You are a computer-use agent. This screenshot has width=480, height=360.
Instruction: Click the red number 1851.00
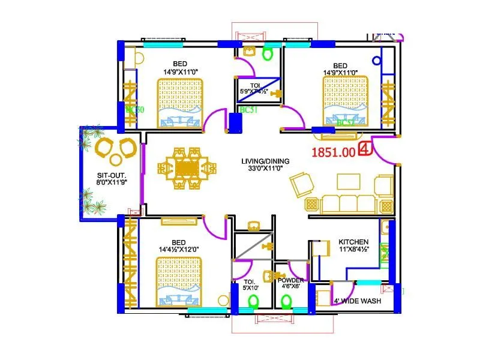333,152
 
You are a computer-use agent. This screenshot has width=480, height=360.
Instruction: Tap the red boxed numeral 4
364,149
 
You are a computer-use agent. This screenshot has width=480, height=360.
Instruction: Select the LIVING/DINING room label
265,161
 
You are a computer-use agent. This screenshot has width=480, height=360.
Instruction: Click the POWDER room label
291,280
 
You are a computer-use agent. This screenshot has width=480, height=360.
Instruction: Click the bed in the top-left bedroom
180,103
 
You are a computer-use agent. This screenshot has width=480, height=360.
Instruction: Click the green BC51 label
248,110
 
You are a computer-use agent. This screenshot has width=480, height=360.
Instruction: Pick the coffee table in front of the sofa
349,181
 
